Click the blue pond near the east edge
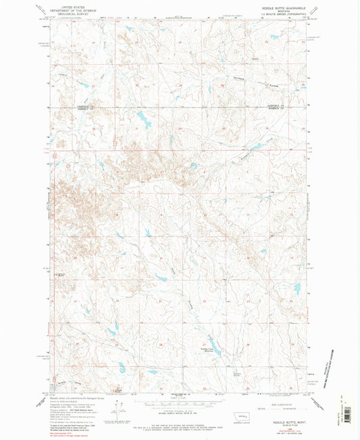295,289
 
